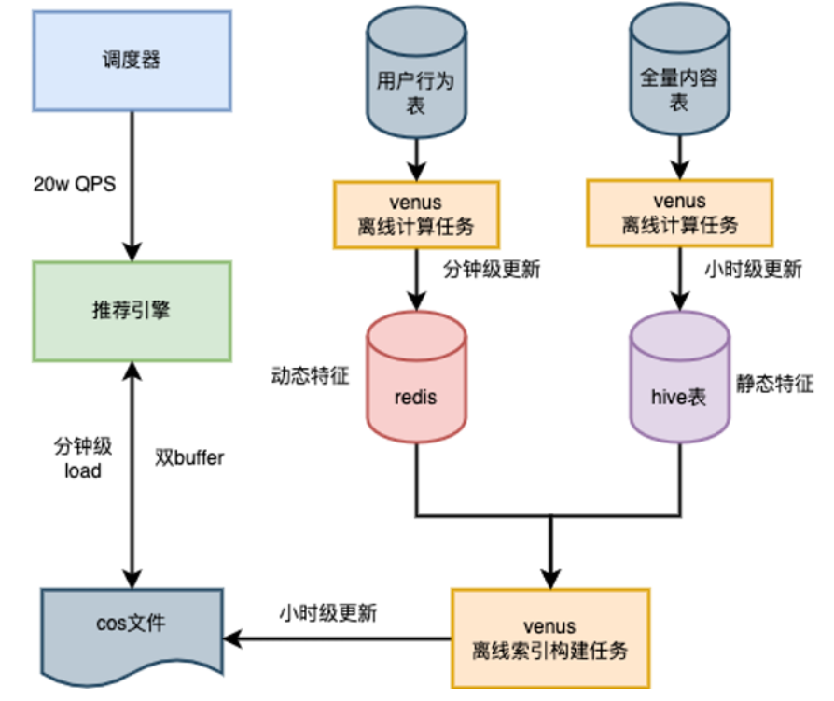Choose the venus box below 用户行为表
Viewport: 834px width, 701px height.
(416, 214)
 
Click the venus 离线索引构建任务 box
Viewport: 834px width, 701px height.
(549, 638)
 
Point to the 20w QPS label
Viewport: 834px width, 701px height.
(74, 184)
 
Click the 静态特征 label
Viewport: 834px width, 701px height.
(774, 384)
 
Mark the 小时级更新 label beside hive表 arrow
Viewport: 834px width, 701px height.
(752, 271)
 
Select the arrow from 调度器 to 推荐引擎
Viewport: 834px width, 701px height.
(132, 187)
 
